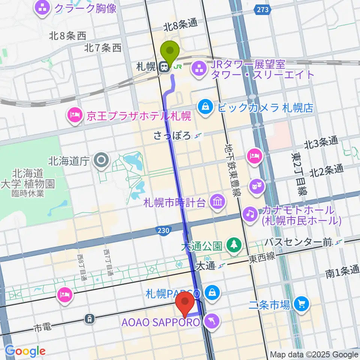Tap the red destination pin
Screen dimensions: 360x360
(x=185, y=302)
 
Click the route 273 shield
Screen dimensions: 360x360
(x=263, y=10)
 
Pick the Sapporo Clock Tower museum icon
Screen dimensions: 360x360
(x=217, y=203)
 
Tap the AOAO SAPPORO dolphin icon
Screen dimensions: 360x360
(x=211, y=321)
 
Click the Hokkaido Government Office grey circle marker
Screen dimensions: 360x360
(x=101, y=161)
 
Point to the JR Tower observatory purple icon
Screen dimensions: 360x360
(x=198, y=69)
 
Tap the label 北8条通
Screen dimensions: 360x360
(x=180, y=24)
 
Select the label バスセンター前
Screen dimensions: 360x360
(x=298, y=242)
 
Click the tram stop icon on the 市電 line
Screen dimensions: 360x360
(x=90, y=319)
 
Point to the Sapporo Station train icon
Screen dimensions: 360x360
(x=163, y=67)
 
